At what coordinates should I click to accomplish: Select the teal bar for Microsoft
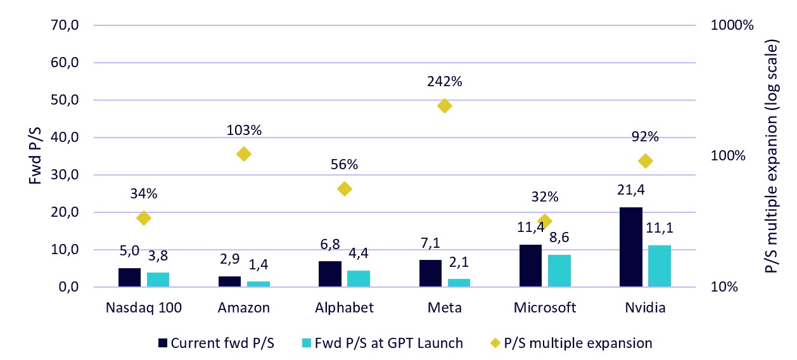(x=559, y=271)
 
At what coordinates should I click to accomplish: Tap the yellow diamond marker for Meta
(x=445, y=106)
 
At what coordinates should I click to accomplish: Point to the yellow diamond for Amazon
(x=244, y=154)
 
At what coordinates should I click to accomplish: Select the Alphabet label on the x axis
(x=344, y=308)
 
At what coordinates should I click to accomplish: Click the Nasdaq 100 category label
(x=143, y=308)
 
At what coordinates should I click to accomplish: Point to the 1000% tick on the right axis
(x=732, y=26)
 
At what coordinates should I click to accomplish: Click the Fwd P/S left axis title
(x=37, y=156)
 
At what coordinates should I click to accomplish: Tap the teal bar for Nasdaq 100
(x=158, y=280)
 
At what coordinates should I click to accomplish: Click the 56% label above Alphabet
(x=344, y=165)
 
